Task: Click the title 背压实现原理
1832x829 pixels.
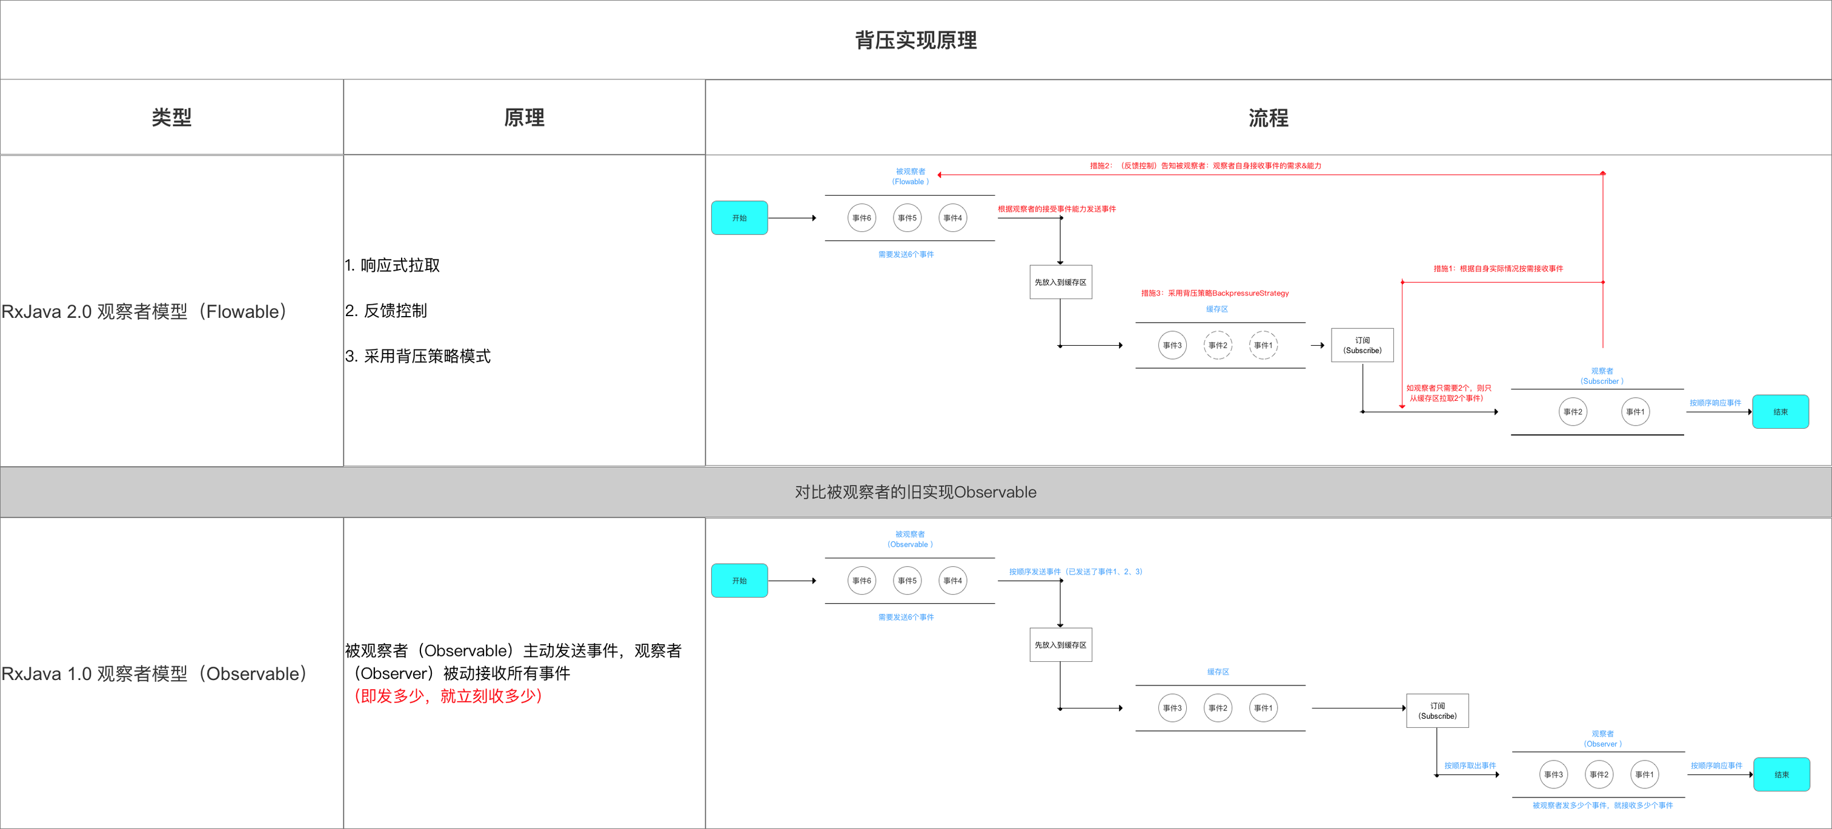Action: click(x=915, y=41)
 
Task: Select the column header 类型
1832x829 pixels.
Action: click(x=171, y=117)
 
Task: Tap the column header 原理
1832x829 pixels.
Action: click(x=524, y=117)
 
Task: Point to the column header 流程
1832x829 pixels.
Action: click(x=1268, y=117)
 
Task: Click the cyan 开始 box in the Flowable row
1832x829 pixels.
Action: click(x=739, y=217)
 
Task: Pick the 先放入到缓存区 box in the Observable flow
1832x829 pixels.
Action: click(x=1060, y=645)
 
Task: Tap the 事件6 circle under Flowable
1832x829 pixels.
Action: click(x=861, y=217)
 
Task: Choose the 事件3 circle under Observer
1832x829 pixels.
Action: click(x=1553, y=775)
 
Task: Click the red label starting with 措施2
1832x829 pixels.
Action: click(x=1206, y=166)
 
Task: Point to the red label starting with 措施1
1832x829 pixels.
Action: click(x=1498, y=269)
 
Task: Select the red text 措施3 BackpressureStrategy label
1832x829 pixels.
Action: click(x=1215, y=293)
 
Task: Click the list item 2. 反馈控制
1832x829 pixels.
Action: click(x=386, y=311)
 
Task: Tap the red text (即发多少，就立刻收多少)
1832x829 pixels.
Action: click(x=448, y=696)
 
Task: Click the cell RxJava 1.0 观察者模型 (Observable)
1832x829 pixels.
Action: click(x=154, y=673)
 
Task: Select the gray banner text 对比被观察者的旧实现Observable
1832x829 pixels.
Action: click(x=915, y=492)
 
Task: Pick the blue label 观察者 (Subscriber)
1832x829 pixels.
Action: click(x=1602, y=376)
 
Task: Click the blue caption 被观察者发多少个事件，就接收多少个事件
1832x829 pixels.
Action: click(x=1602, y=805)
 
